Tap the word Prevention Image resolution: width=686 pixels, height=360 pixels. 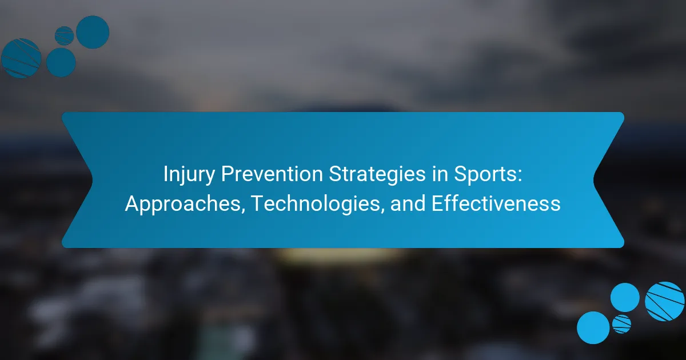[x=272, y=174]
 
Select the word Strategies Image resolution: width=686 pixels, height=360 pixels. [x=377, y=174]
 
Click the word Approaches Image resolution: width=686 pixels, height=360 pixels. [x=183, y=204]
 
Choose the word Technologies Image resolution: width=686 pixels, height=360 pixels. [x=316, y=204]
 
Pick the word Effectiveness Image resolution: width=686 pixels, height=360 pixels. [x=496, y=203]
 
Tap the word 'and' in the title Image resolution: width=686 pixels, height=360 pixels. [x=408, y=203]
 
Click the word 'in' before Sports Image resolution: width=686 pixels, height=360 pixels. [x=440, y=174]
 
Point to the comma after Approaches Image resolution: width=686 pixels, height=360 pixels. [x=243, y=211]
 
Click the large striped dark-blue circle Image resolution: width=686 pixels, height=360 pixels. [x=21, y=58]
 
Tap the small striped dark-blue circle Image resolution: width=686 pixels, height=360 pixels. [x=64, y=36]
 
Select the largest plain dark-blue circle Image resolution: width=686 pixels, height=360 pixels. [x=93, y=32]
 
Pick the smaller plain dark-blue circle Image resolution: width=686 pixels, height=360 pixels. [x=61, y=62]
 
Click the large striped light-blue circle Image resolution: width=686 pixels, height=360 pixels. [x=664, y=301]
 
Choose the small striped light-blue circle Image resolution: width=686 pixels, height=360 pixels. [x=622, y=324]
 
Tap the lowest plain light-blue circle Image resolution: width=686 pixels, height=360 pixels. [x=593, y=327]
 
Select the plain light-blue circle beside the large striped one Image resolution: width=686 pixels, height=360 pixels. [x=625, y=298]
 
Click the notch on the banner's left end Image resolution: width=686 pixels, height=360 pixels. [x=92, y=180]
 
